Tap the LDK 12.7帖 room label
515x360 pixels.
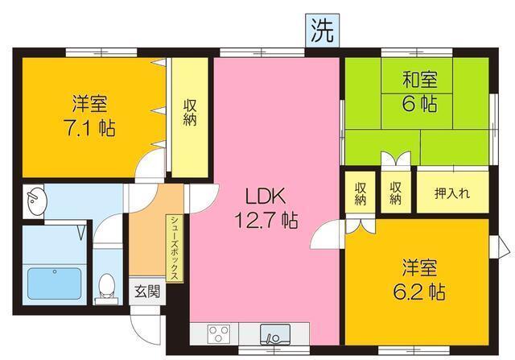point(266,207)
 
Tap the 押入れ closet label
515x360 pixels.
point(451,193)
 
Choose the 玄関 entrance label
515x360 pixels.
point(146,290)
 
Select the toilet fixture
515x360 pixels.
point(105,287)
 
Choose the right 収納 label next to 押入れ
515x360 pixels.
point(396,193)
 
